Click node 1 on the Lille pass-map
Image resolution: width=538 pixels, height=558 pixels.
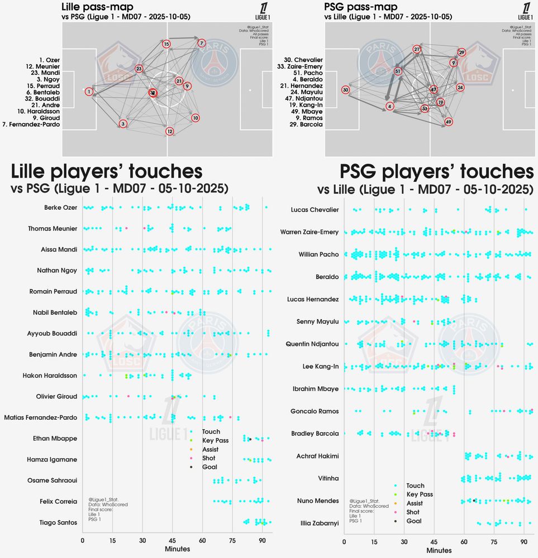click(89, 91)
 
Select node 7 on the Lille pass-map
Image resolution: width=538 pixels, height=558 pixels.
click(201, 43)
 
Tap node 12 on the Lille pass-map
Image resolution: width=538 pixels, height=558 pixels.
click(170, 131)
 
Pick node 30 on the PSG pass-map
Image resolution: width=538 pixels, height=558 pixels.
click(346, 90)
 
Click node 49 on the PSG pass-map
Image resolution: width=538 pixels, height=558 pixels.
click(448, 122)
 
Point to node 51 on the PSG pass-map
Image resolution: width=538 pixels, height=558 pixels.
click(398, 71)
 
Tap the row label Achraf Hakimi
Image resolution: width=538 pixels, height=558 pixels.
click(317, 456)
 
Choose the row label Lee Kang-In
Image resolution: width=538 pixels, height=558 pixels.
click(318, 366)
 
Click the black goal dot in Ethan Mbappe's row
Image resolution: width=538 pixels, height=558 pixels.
click(250, 440)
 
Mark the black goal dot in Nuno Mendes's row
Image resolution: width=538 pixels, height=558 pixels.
click(474, 501)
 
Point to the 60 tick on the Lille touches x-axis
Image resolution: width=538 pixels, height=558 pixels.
click(202, 541)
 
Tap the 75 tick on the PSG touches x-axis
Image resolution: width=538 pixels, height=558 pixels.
click(494, 542)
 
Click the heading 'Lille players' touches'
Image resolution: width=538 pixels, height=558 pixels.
click(106, 171)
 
